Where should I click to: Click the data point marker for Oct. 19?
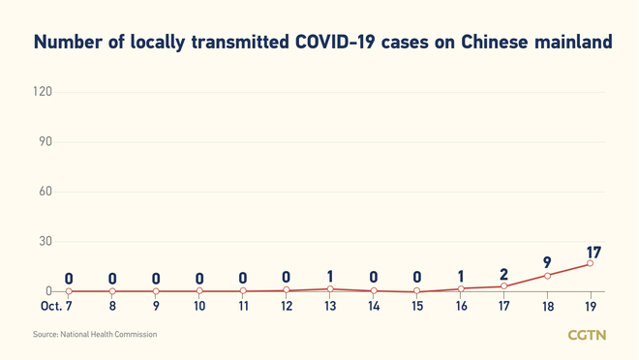click(x=591, y=263)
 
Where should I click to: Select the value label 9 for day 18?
click(x=547, y=262)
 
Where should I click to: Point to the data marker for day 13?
click(x=330, y=288)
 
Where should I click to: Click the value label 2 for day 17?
click(x=503, y=276)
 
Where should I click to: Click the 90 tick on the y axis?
click(x=44, y=141)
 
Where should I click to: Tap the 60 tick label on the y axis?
click(x=44, y=192)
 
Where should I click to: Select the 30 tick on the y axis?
click(x=44, y=242)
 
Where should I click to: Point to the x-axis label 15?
click(x=416, y=307)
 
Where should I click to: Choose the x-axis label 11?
click(x=243, y=307)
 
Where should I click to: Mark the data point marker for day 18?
click(x=547, y=276)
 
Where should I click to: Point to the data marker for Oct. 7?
click(x=69, y=291)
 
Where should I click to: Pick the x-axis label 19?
click(x=591, y=307)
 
